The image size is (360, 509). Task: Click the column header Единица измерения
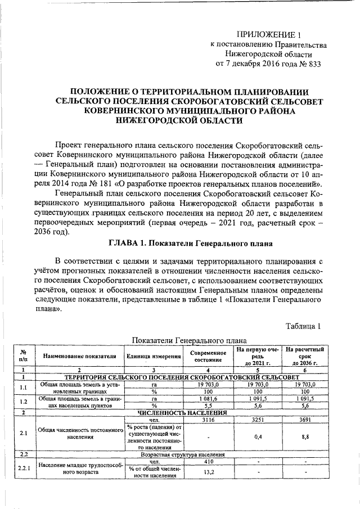point(154,355)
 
